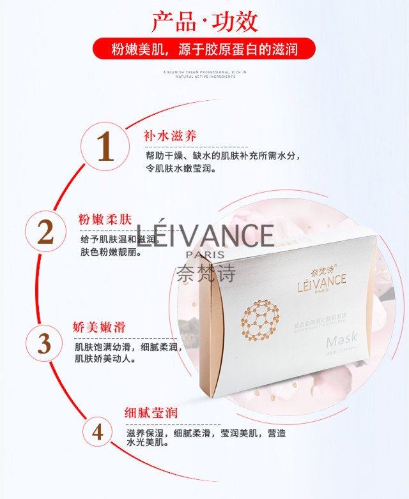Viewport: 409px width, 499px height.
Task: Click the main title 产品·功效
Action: point(204,20)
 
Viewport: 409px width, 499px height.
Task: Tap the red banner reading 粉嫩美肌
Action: point(204,48)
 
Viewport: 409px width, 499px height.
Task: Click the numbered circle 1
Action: point(105,146)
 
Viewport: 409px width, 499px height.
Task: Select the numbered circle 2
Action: point(45,232)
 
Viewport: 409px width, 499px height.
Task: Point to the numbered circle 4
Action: point(97,432)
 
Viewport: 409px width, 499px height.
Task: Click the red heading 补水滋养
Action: point(170,135)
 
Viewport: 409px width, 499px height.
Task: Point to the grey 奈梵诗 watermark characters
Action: point(205,271)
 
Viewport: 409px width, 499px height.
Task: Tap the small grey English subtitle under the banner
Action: point(204,74)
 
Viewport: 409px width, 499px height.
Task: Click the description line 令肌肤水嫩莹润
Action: point(181,169)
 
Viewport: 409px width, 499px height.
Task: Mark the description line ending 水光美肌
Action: point(147,442)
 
